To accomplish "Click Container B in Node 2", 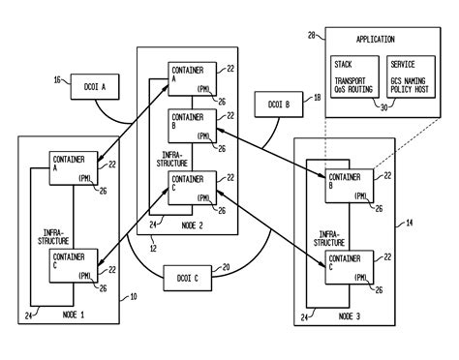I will point(190,126).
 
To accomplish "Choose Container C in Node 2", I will point(190,187).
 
